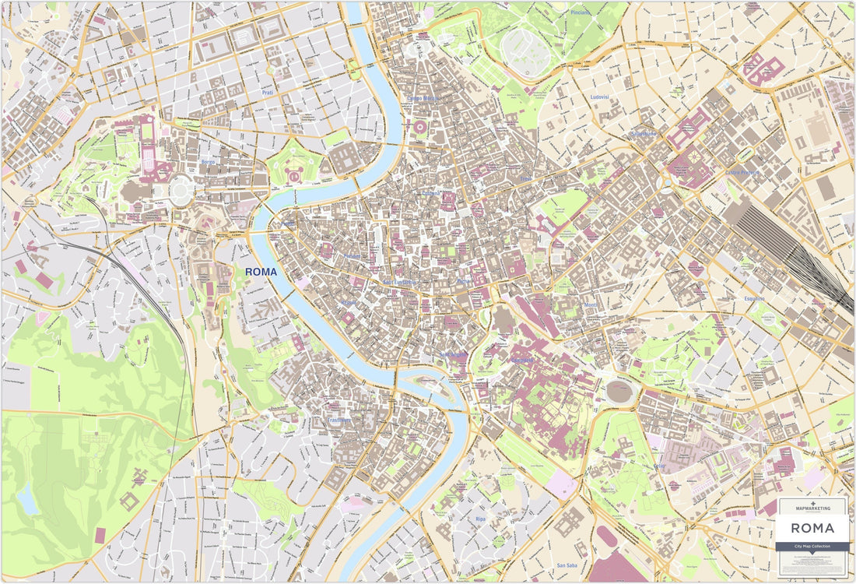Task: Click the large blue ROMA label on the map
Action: point(261,272)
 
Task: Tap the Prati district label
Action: point(268,93)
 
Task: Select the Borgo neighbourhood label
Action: point(208,162)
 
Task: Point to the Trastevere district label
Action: point(339,420)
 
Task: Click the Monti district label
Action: point(591,305)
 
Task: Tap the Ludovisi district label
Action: point(599,97)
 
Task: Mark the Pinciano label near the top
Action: point(581,12)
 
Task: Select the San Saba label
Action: point(567,565)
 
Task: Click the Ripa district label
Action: point(480,519)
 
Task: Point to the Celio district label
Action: point(660,466)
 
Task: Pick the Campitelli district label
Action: point(523,360)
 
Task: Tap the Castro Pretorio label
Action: point(742,172)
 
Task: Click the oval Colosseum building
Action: point(620,391)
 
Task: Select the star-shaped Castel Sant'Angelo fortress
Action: point(295,174)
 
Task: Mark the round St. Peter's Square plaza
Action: point(181,190)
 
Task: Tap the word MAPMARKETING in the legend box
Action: point(812,508)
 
